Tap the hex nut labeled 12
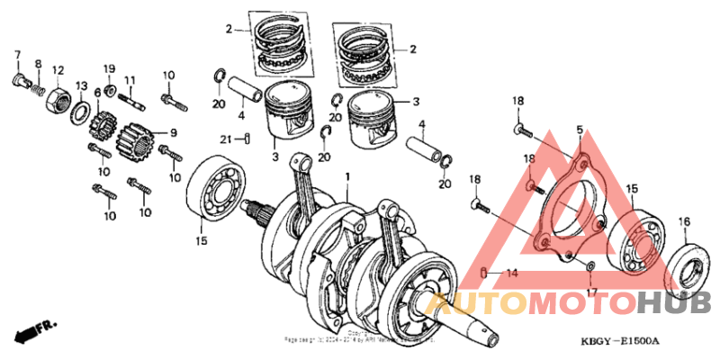57,95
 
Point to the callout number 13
81,86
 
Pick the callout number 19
109,69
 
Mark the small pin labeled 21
245,138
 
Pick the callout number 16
684,221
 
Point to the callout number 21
227,138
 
